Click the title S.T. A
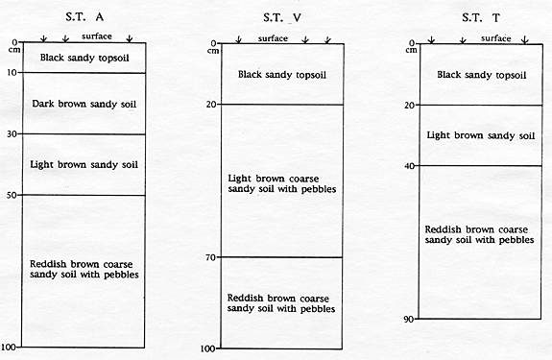pos(84,17)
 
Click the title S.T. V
pos(282,17)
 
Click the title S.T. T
pos(481,17)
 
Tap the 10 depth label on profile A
pos(12,72)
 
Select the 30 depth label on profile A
pos(12,133)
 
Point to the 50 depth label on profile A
pos(12,195)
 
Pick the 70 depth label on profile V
pos(210,257)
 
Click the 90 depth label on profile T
pos(409,319)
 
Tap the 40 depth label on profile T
pos(409,165)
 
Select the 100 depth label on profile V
pos(207,348)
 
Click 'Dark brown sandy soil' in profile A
pos(84,105)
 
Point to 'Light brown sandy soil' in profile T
pos(481,135)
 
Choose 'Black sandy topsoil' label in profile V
pos(282,75)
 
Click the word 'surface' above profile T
pos(495,38)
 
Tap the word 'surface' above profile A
pos(97,36)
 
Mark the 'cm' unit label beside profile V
pos(212,51)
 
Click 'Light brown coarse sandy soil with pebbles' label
pos(282,183)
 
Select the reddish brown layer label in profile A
pos(84,269)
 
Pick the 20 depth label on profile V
pos(211,104)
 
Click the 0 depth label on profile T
pos(412,43)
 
